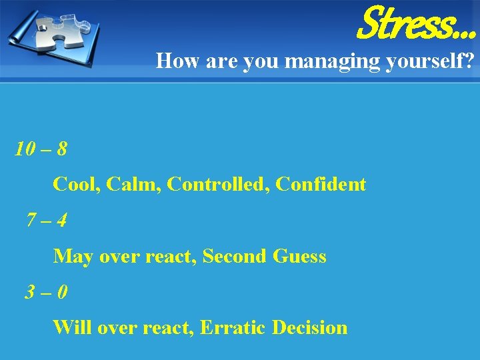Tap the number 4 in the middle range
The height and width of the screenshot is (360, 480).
pyautogui.click(x=61, y=219)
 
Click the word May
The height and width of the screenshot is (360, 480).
pyautogui.click(x=73, y=257)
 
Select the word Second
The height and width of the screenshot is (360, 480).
pyautogui.click(x=235, y=256)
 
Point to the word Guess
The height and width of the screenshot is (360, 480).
pyautogui.click(x=299, y=256)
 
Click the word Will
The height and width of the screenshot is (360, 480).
pyautogui.click(x=71, y=328)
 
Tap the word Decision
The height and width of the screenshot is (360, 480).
pyautogui.click(x=310, y=328)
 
